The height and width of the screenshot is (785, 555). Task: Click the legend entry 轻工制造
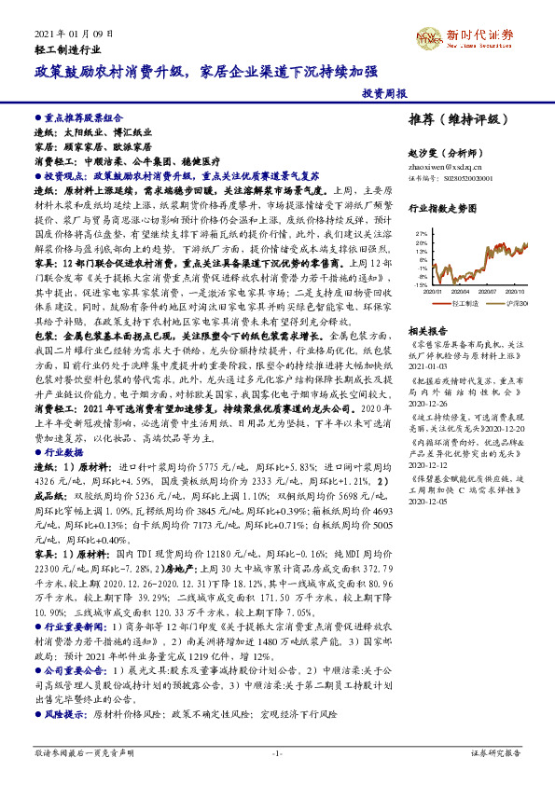pyautogui.click(x=461, y=304)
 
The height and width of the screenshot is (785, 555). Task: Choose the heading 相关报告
pyautogui.click(x=430, y=330)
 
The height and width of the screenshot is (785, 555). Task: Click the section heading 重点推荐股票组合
pyautogui.click(x=84, y=119)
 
